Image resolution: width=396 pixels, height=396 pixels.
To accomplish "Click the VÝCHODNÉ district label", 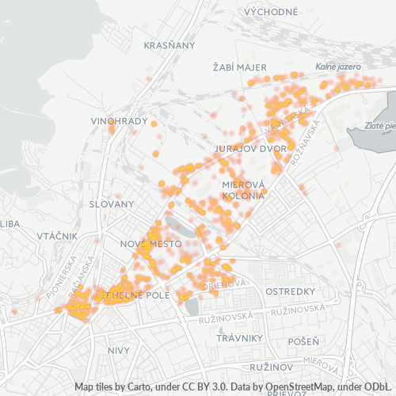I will [x=271, y=12].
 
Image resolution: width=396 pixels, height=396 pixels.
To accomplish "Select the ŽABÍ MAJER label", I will [x=239, y=67].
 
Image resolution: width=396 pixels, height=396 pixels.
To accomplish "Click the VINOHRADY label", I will [x=120, y=121].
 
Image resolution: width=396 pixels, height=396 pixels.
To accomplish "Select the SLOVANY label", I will [x=111, y=204].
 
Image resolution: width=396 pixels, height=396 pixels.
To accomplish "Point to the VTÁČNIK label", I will [x=57, y=236].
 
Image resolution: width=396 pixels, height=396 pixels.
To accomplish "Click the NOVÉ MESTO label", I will [x=150, y=243].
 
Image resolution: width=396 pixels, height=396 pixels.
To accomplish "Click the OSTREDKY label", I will [x=291, y=291].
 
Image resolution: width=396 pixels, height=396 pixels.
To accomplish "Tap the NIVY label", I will [x=119, y=349].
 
